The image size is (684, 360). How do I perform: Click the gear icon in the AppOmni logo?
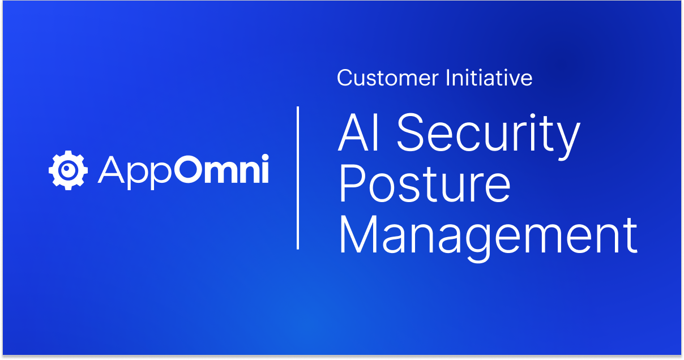point(68,169)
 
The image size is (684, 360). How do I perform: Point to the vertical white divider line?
point(298,177)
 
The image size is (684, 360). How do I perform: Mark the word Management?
point(488,236)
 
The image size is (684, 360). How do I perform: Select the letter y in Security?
point(567,141)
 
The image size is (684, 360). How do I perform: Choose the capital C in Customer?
point(345,78)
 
